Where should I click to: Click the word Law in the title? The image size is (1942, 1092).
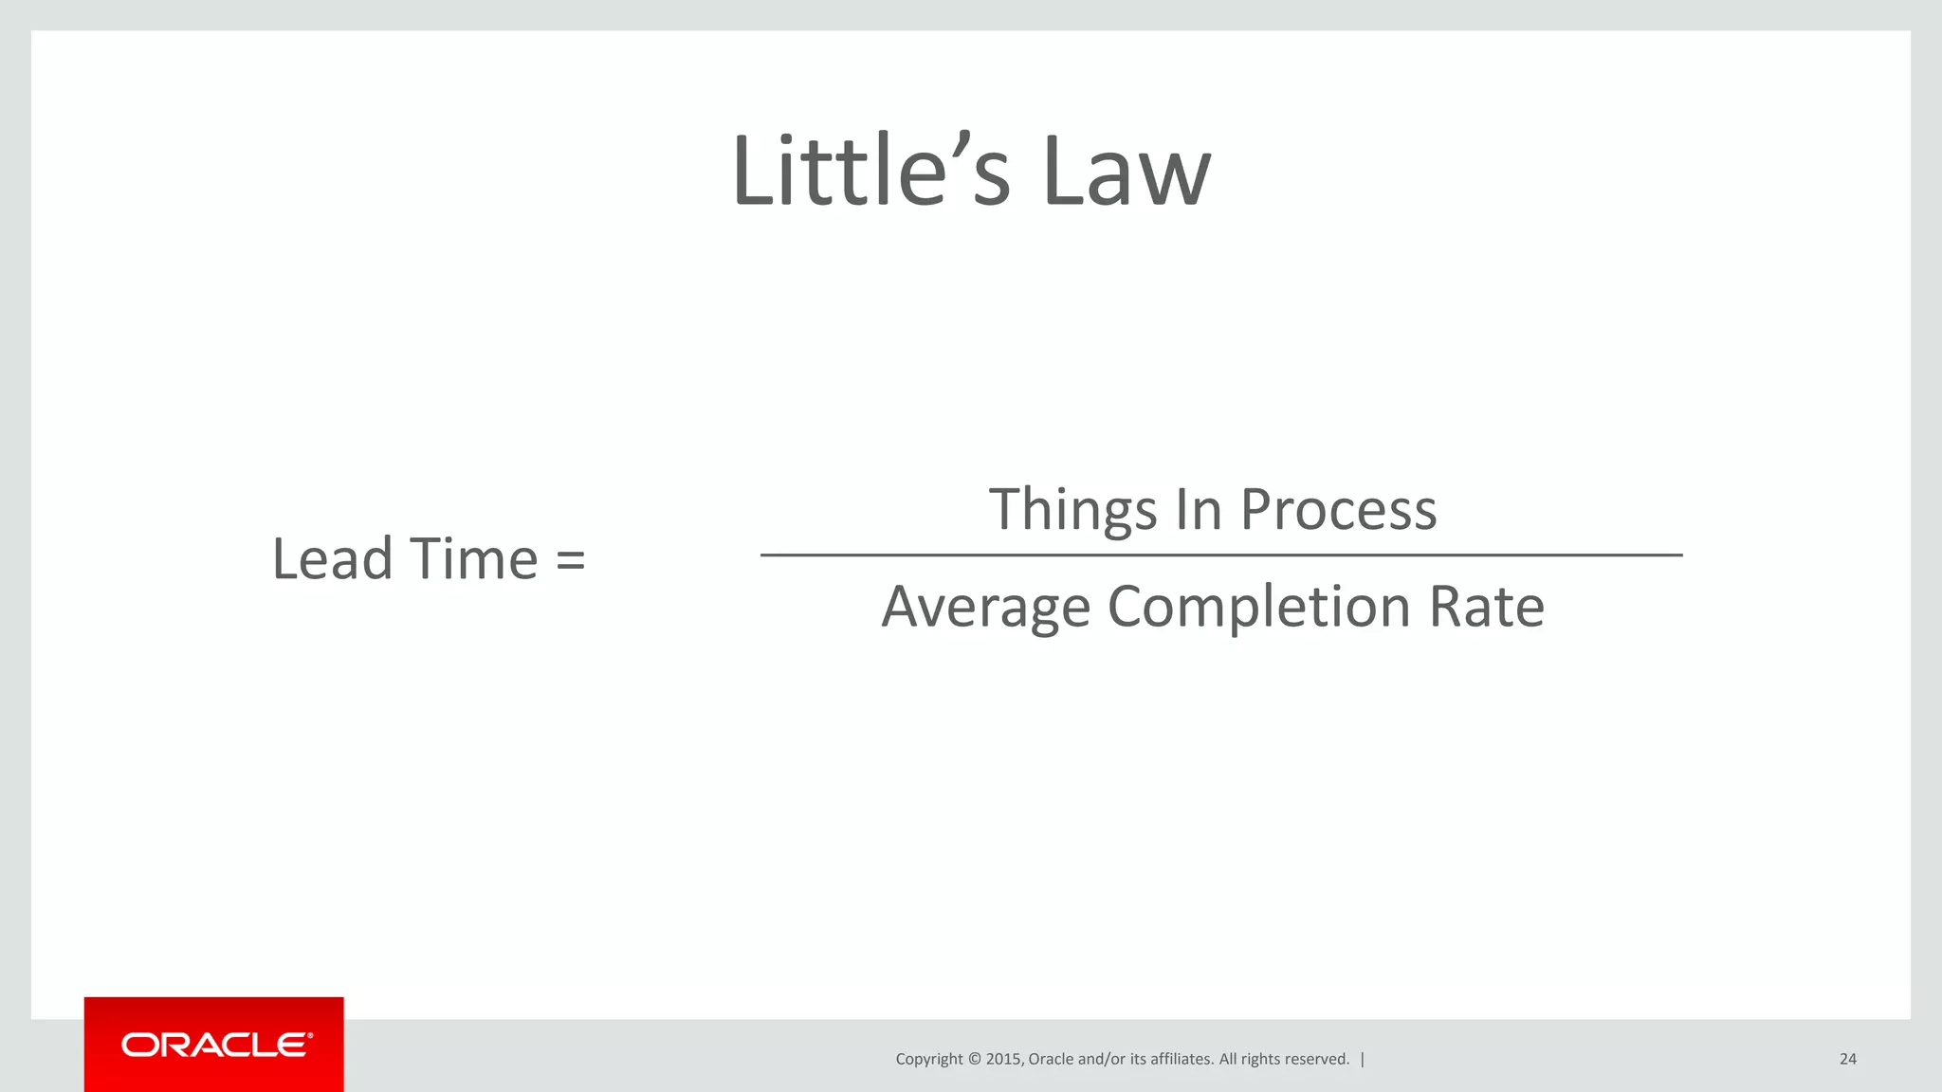point(1126,172)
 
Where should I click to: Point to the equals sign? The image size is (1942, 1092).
point(570,560)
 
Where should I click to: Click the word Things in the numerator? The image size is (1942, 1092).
point(1072,511)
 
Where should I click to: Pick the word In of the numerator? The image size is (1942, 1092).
point(1198,509)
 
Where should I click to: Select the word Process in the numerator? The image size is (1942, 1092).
point(1338,511)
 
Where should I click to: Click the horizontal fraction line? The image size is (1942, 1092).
point(1220,555)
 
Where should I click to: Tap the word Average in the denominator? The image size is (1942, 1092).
point(985,608)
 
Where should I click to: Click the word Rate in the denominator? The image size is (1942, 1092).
point(1486,606)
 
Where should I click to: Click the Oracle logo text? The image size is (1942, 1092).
point(215,1046)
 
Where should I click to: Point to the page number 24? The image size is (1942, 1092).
point(1847,1059)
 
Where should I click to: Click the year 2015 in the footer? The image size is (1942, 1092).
point(1004,1059)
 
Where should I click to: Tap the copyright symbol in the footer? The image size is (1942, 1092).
point(974,1059)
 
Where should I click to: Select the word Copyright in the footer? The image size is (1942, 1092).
point(928,1060)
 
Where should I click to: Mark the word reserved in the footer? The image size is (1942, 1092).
point(1317,1059)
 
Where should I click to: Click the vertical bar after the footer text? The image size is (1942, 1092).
point(1363,1059)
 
